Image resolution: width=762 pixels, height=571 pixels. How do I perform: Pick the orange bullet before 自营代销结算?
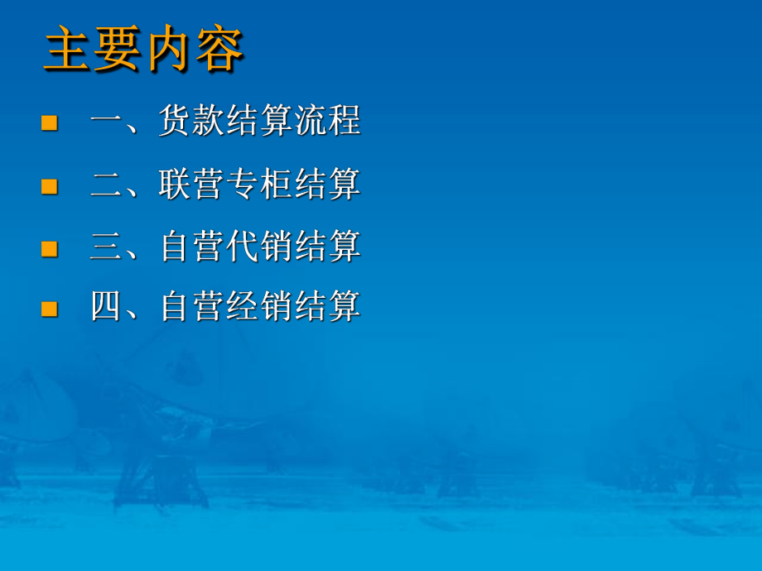50,247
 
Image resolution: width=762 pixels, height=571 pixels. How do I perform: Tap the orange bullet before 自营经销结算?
50,309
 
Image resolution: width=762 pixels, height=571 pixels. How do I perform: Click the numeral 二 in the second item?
107,184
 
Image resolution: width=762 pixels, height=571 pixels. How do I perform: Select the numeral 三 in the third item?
107,246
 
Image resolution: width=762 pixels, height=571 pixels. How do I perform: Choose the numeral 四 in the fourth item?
107,307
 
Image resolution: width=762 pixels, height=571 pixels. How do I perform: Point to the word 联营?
192,184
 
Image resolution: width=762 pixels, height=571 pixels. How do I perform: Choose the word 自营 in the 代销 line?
192,246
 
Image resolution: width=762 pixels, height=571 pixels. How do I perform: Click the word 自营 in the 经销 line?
192,307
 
